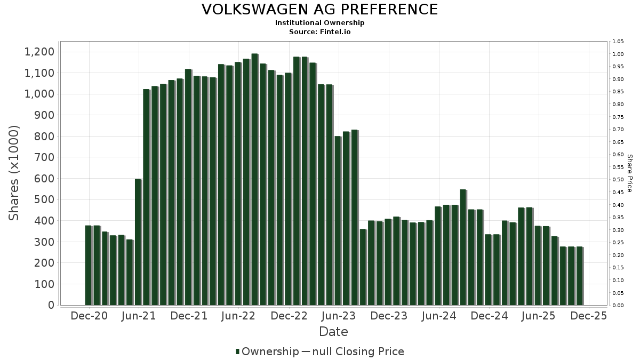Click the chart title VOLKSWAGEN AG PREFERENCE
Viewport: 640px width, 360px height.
point(319,10)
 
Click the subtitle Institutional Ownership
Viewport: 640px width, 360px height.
point(319,23)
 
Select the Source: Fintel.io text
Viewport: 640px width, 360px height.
point(319,32)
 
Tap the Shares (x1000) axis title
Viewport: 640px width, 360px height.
point(14,173)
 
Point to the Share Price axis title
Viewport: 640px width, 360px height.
point(629,173)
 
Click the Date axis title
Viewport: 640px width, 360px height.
point(333,332)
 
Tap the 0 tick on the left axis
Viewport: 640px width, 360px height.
point(51,305)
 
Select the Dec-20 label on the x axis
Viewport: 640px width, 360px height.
point(89,316)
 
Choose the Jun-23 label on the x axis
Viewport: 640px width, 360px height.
point(339,316)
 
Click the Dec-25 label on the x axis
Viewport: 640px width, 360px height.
point(588,316)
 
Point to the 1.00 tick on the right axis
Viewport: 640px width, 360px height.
point(618,54)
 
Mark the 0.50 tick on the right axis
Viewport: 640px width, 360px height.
point(618,180)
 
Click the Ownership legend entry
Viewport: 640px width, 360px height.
point(267,351)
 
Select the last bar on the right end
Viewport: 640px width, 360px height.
point(580,276)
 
